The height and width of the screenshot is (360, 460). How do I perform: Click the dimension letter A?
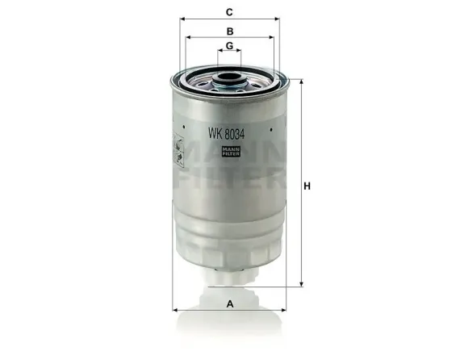230,304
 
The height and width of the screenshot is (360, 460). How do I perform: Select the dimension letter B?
230,31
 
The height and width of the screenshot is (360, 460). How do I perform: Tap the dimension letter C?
230,12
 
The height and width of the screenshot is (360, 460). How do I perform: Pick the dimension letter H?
307,186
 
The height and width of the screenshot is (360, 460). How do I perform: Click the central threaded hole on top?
229,80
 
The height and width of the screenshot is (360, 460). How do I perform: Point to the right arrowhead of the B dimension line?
271,38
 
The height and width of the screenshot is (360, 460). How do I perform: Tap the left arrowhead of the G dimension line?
220,52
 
